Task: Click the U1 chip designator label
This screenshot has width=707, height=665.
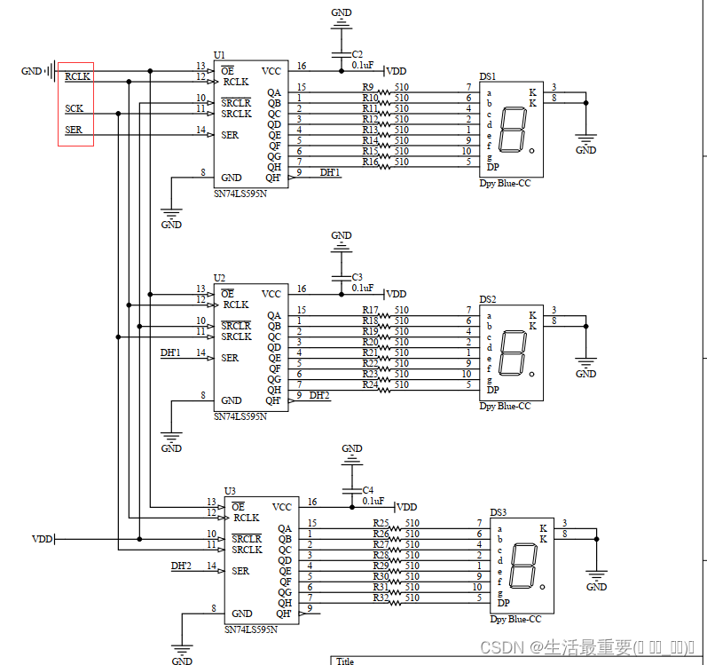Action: (x=219, y=55)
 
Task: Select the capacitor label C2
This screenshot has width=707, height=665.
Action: (x=357, y=54)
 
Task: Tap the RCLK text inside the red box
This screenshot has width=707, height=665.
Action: (x=77, y=77)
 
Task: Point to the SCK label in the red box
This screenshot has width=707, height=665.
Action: (x=75, y=108)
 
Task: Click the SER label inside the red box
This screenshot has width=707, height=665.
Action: (x=75, y=131)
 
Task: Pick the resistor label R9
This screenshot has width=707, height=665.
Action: (x=368, y=87)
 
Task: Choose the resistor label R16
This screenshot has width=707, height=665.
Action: (x=370, y=162)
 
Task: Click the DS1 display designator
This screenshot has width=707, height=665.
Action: (x=488, y=77)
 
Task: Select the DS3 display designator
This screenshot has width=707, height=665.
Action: (x=499, y=512)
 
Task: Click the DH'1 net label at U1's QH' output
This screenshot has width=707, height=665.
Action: (x=329, y=172)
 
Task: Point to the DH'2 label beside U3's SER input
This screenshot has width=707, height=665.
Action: (x=181, y=566)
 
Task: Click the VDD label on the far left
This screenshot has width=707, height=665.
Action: (x=43, y=539)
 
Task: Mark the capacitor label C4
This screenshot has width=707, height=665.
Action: (x=367, y=490)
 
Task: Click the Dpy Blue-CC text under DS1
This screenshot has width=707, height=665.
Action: (x=505, y=183)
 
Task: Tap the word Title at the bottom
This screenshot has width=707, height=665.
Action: (x=344, y=661)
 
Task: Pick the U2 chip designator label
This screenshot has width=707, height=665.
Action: (x=219, y=278)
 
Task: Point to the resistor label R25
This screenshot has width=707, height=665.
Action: (x=381, y=523)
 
